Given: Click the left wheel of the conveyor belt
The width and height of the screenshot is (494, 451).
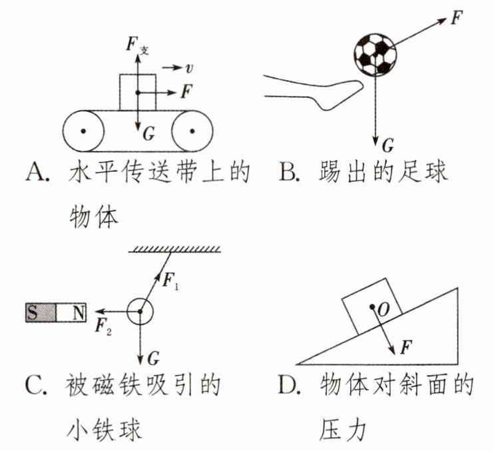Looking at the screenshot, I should coord(83,131).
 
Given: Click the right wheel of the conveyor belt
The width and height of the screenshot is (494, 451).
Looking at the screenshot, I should coord(192,131).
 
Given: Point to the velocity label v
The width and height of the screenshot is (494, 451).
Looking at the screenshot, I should coord(190,67).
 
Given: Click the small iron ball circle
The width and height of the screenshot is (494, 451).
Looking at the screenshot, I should coord(140,310).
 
